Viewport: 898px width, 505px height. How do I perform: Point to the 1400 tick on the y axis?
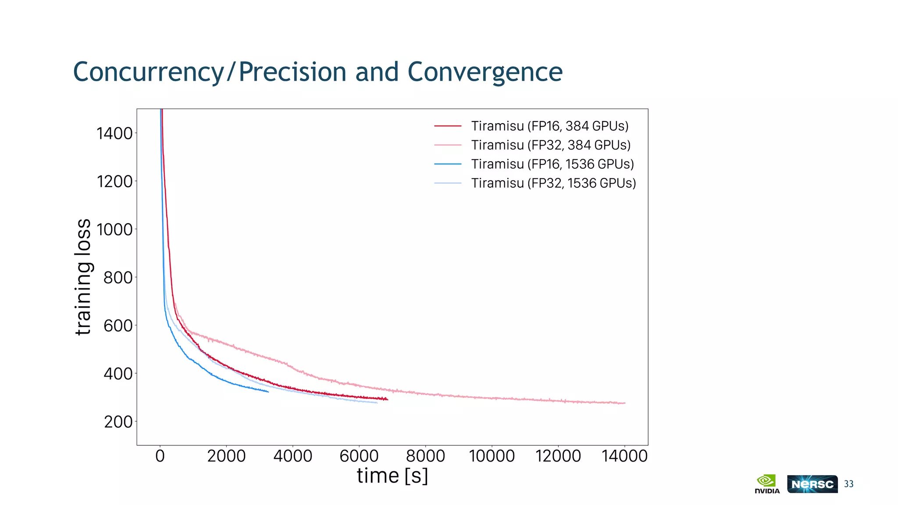pos(114,133)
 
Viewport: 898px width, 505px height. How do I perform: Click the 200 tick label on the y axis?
pos(118,422)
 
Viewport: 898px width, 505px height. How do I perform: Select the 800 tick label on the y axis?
pos(118,277)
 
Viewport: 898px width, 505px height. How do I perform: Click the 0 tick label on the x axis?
pos(160,456)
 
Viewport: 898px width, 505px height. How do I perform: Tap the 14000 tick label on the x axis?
pos(624,456)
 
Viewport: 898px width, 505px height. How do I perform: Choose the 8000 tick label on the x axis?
pos(425,456)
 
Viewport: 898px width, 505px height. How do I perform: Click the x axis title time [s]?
pos(392,476)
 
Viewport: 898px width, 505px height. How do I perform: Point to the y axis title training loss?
pos(83,277)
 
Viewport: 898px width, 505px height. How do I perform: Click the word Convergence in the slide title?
pos(485,72)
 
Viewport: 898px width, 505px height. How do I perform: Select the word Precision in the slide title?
pos(292,72)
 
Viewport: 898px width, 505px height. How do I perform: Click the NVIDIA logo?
pos(767,484)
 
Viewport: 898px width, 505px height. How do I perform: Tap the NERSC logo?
pos(812,484)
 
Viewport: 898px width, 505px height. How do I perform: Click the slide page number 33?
pos(848,484)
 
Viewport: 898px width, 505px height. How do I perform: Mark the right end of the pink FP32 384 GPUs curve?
pos(624,403)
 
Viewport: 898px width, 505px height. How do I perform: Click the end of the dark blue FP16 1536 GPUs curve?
pos(268,391)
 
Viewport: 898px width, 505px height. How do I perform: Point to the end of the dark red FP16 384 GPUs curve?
pos(387,399)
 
